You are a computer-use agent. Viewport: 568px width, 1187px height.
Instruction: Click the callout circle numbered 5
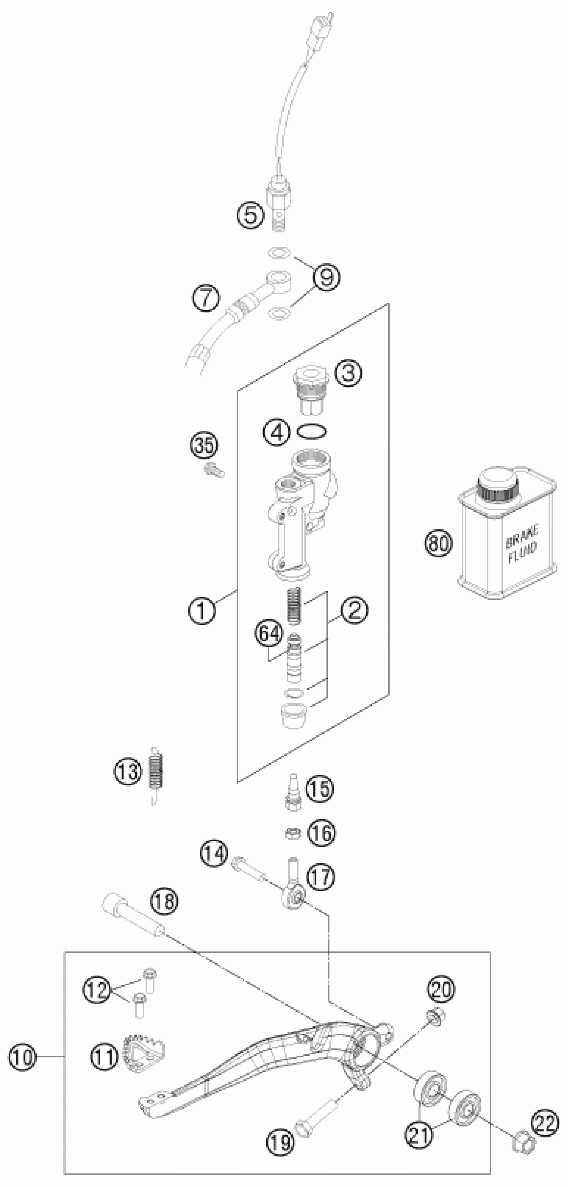click(251, 215)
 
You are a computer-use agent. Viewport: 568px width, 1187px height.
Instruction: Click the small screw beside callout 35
click(213, 471)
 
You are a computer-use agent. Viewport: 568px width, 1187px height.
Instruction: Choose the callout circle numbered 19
click(280, 1142)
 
